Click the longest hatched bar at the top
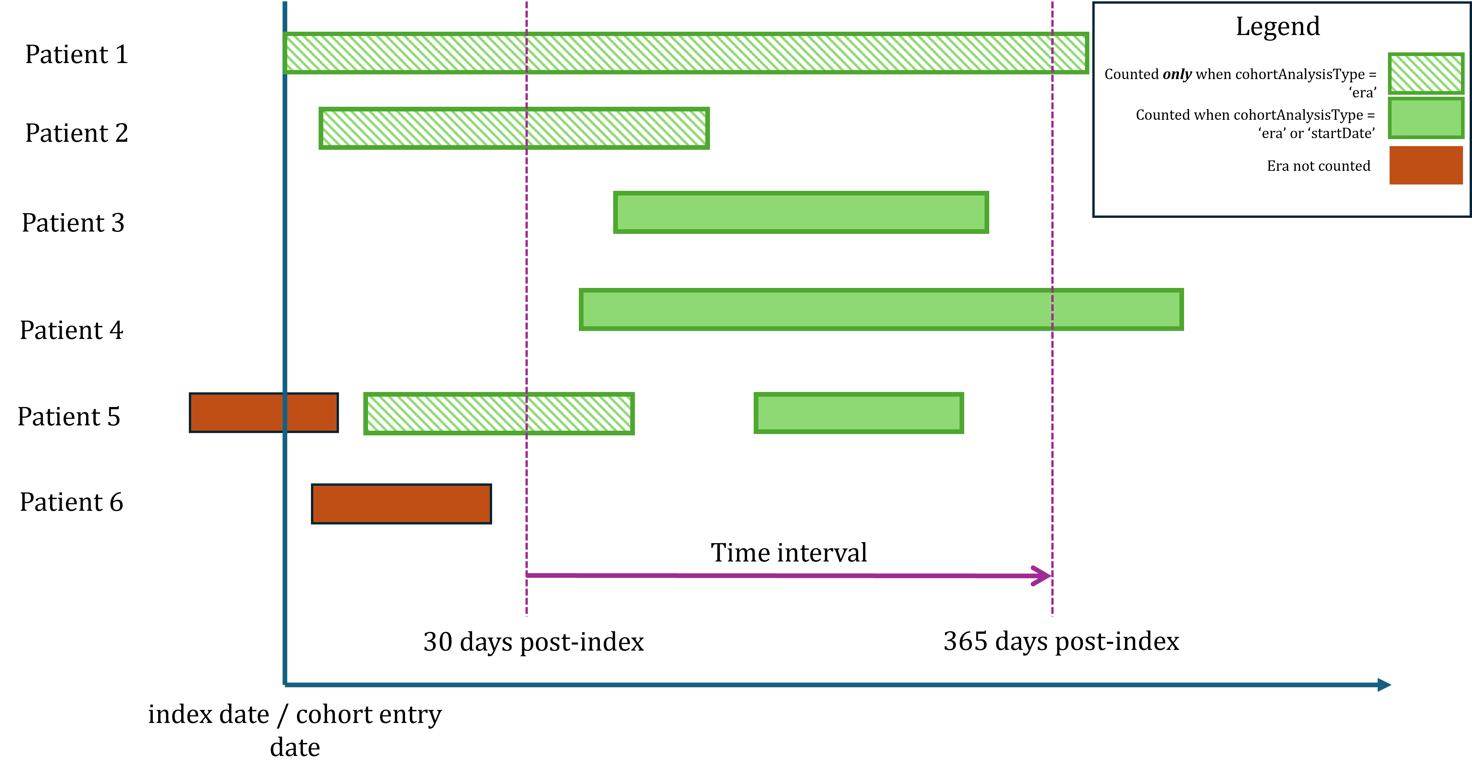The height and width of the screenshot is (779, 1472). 686,53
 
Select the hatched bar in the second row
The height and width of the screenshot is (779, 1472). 514,128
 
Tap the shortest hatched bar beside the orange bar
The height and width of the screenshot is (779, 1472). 499,413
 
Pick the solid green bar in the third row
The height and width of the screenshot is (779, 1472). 801,212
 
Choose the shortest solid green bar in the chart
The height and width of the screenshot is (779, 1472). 858,413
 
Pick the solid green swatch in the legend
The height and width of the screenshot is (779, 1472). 1426,118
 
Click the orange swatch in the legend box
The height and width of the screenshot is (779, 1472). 1426,165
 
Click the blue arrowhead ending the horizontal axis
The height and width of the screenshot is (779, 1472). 1384,685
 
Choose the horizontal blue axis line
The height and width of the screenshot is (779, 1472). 800,685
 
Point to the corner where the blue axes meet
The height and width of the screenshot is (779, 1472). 285,684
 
